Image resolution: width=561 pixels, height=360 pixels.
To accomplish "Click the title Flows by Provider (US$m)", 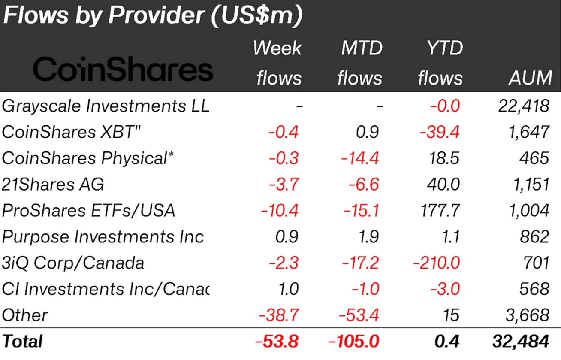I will coord(153,15).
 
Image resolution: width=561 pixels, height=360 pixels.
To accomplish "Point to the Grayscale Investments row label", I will coord(106,106).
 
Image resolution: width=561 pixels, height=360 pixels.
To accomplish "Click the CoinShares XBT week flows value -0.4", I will coord(283,132).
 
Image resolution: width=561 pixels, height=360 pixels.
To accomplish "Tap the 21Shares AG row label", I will coord(53,185).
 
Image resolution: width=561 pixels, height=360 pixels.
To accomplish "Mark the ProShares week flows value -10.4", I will coord(279,211).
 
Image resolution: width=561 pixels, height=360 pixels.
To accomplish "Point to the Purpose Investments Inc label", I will coord(103,237).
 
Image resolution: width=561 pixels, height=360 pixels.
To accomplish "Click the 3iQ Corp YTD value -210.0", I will coord(436,263).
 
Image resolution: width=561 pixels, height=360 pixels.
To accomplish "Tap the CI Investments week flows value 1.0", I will coord(288,289).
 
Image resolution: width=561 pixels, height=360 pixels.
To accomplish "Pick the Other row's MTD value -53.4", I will coord(359,315).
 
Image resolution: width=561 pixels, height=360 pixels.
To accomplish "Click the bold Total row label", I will coord(22,342).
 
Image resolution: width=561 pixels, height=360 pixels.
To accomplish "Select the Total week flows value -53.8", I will coord(276,342).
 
